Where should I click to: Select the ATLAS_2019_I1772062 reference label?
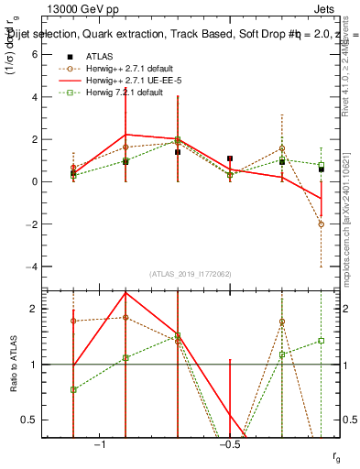coord(190,274)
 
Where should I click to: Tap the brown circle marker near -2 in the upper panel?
coord(322,224)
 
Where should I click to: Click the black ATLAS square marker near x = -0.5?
coord(230,158)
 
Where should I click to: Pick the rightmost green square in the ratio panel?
coord(322,341)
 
